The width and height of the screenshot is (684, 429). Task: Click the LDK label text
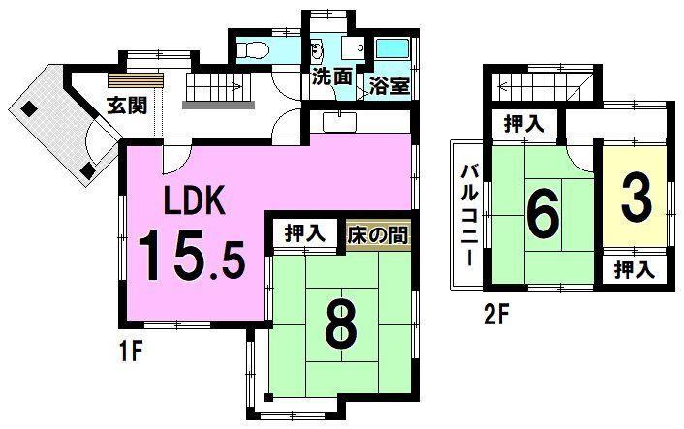195,200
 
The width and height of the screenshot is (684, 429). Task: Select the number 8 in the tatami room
342,324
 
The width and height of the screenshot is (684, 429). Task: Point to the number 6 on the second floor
543,212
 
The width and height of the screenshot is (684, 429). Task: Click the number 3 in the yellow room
637,200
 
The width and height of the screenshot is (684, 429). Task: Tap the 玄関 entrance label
127,105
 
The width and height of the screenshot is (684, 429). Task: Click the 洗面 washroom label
332,77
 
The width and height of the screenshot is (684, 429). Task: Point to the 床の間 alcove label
378,236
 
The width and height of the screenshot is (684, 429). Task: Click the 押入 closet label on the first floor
305,233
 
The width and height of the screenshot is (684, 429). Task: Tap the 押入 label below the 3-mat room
635,270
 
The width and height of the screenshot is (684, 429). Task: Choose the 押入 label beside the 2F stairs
524,125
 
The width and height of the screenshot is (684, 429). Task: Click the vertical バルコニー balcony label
469,215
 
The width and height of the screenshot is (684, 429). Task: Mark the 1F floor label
131,352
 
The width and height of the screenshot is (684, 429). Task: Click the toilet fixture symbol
251,49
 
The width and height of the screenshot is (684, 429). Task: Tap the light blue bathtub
392,49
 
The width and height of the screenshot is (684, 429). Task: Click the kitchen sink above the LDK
339,122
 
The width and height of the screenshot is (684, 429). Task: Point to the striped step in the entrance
136,80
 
